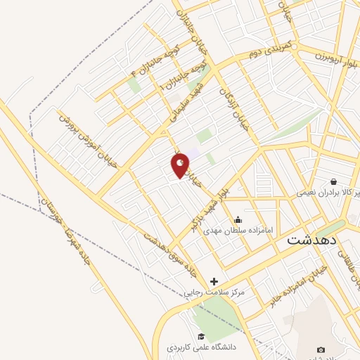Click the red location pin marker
[181, 165]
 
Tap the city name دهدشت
[312, 239]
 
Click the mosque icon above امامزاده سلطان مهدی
[238, 219]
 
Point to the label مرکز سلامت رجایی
[214, 292]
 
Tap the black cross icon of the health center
[214, 281]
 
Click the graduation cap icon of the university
[201, 336]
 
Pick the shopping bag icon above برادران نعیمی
[333, 181]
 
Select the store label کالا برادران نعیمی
[328, 192]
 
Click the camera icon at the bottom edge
[321, 350]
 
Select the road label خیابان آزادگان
[233, 105]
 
